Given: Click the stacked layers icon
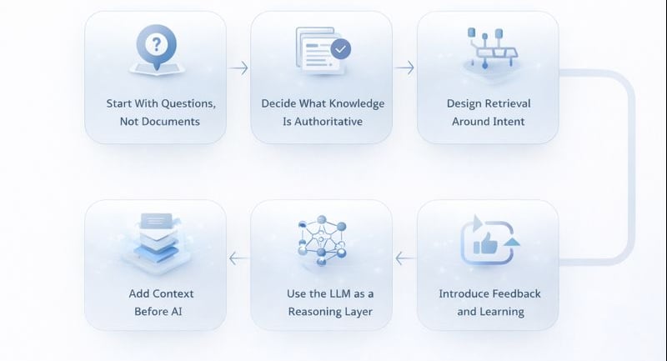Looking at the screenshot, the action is (x=155, y=238).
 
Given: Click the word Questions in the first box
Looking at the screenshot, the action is (x=188, y=104).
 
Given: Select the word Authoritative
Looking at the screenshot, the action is (x=331, y=122).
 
